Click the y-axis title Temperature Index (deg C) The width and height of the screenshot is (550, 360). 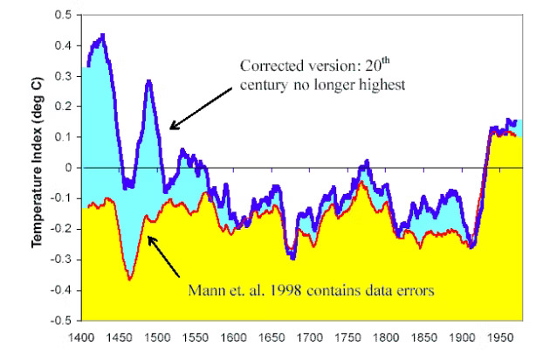[x=40, y=168]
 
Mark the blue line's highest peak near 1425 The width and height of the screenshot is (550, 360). [x=103, y=35]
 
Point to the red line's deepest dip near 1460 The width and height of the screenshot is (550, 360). [x=130, y=279]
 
